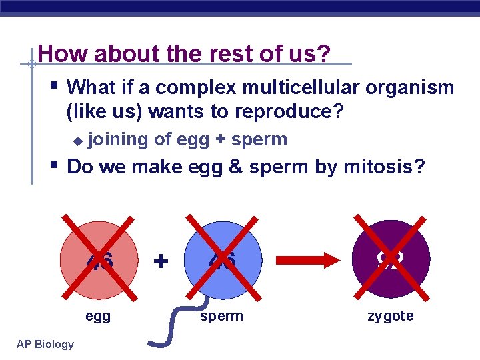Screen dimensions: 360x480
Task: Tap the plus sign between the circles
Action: point(161,259)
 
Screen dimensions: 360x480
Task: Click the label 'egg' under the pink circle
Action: point(98,316)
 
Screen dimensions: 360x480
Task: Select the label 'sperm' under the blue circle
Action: point(222,316)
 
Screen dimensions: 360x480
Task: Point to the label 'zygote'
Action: point(391,316)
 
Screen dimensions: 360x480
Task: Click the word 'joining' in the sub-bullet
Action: point(118,139)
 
